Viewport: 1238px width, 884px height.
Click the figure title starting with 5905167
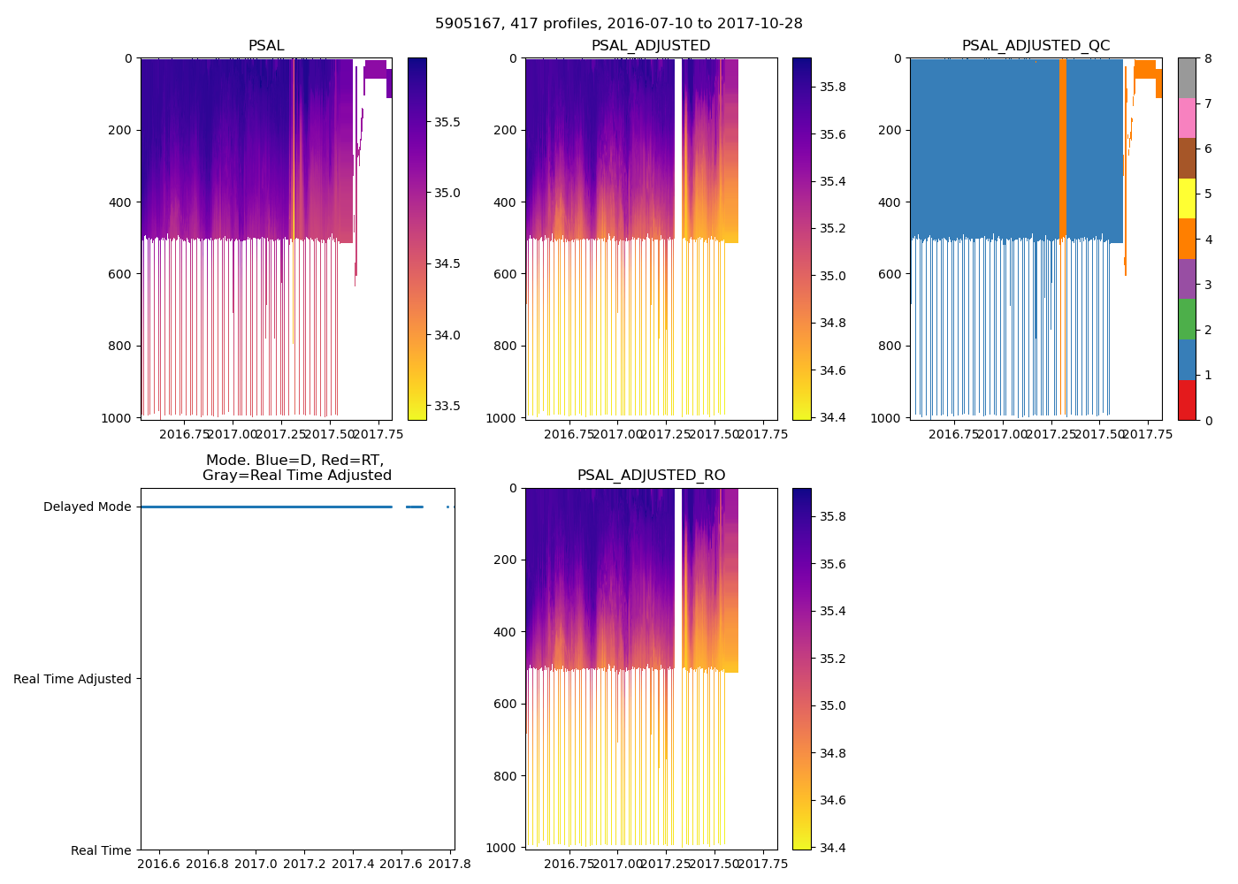(x=619, y=24)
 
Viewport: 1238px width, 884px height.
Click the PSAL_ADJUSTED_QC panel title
(x=1035, y=46)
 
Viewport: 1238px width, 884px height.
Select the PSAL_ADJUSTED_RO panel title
(x=651, y=476)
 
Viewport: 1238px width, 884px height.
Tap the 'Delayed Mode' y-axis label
(x=87, y=507)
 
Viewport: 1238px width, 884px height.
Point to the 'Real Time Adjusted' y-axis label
(x=73, y=679)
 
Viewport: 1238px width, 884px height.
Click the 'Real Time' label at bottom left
(x=101, y=850)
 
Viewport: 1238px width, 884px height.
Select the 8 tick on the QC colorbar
(x=1205, y=58)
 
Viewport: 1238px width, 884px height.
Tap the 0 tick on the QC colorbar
(x=1205, y=421)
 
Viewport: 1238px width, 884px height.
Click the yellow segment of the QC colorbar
(x=1187, y=199)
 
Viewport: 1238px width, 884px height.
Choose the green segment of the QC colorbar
(x=1187, y=319)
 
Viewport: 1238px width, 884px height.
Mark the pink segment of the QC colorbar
(x=1187, y=118)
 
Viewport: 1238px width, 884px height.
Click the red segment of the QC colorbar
(x=1187, y=400)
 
